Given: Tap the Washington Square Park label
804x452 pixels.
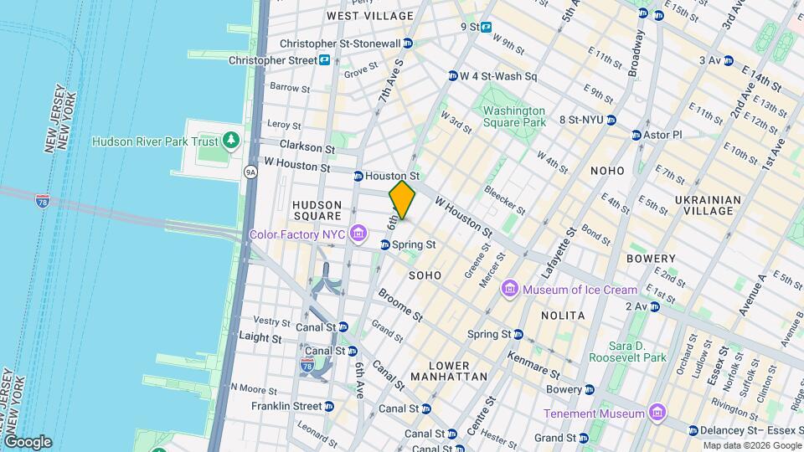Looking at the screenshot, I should (513, 116).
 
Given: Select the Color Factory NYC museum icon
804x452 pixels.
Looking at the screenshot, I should (358, 232).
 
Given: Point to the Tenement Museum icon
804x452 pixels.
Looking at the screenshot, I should (657, 413).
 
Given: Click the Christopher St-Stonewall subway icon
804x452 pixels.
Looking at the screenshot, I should (408, 44).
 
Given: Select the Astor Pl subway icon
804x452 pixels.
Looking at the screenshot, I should (636, 135).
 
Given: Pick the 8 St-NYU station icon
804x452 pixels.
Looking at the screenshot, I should (611, 120).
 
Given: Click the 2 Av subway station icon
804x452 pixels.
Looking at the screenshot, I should (655, 306).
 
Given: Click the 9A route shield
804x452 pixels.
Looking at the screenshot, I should (250, 172).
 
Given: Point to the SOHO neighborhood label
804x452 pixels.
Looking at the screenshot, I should (425, 275).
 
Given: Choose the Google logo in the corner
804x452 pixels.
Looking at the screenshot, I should (28, 441).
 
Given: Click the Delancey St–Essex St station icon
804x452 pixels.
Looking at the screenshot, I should (693, 430).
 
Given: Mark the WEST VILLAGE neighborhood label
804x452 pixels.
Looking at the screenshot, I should (370, 16).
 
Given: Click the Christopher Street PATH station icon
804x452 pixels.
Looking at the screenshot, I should (323, 60).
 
